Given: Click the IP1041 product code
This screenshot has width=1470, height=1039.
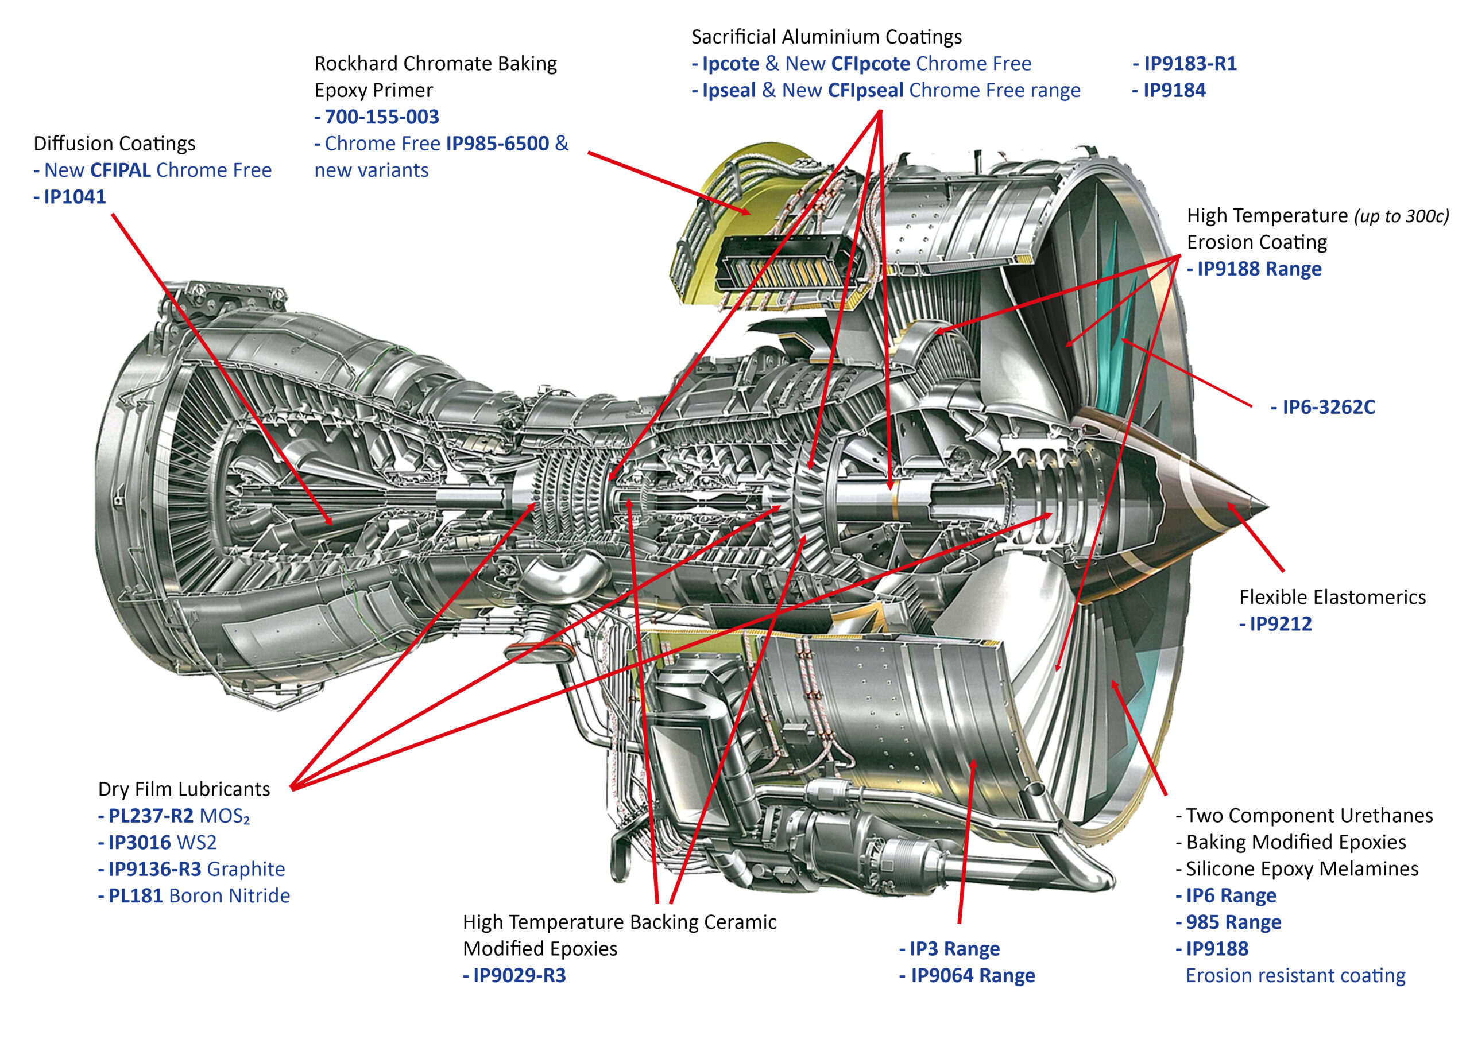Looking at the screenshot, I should point(74,196).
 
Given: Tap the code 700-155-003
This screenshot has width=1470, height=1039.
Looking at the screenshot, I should point(382,117).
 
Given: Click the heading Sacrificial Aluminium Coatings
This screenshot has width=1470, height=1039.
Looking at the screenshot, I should point(826,37).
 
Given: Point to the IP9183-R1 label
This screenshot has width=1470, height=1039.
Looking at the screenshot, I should point(1190,63).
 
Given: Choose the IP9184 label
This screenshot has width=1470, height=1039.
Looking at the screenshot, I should point(1174,90).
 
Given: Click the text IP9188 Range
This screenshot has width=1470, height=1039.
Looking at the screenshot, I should point(1259,269).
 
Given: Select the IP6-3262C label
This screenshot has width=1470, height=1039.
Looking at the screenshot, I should point(1328,407).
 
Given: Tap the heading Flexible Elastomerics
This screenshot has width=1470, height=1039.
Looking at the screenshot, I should point(1332,597).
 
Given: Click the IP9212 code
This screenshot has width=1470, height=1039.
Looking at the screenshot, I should point(1281,624).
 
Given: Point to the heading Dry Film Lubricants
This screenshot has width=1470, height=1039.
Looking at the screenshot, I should point(184,789).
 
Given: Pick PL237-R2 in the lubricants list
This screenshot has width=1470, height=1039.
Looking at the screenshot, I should point(150,816).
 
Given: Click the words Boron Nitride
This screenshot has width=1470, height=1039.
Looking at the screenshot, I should point(229,895).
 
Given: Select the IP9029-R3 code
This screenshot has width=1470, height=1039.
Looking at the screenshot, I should point(519,976).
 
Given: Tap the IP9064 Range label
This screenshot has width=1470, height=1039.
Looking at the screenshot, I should point(973,976).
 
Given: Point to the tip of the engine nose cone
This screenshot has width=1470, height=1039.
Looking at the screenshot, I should point(1267,506).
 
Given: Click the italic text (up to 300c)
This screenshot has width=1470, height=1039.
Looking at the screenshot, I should point(1402,216).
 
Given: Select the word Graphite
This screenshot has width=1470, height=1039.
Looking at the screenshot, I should point(246,869).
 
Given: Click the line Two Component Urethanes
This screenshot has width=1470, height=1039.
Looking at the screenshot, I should point(1309,816).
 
